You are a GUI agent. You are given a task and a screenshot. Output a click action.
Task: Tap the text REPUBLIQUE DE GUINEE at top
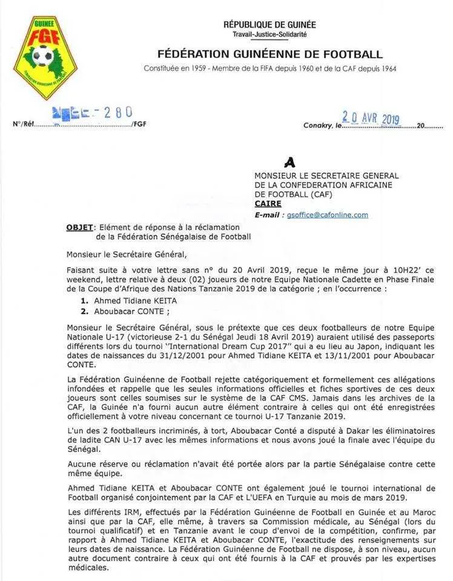[x=269, y=25]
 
